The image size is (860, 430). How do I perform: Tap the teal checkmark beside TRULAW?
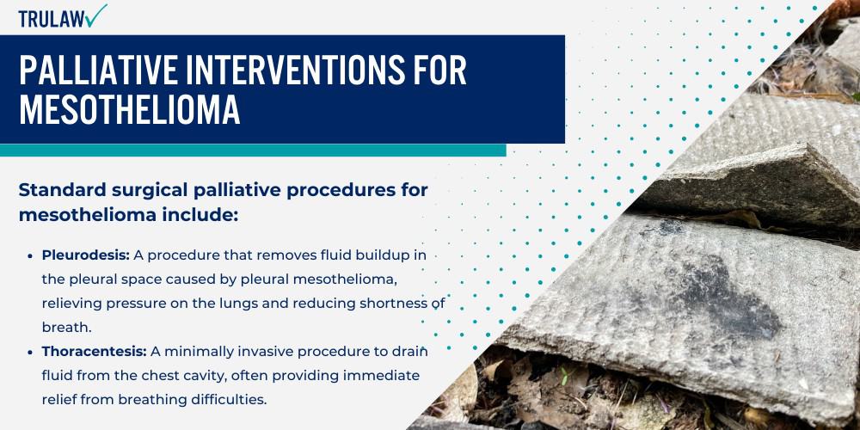[x=96, y=15]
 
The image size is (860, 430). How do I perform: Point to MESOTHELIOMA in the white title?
[x=130, y=111]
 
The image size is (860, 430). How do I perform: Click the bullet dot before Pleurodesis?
[x=32, y=256]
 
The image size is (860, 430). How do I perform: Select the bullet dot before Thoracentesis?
[x=32, y=352]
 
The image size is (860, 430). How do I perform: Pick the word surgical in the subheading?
[x=153, y=190]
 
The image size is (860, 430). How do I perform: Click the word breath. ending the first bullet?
[x=66, y=328]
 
